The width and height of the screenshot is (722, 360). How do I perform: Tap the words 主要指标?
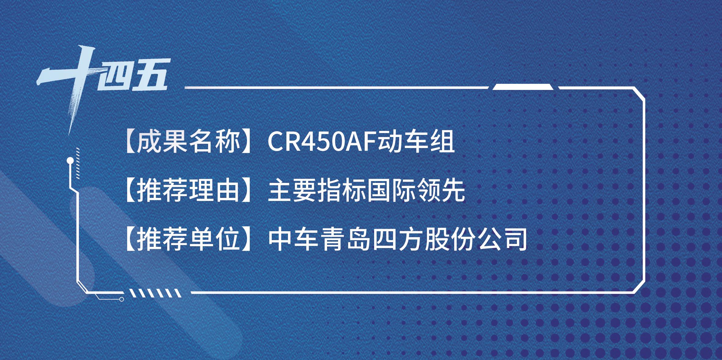[x=317, y=191]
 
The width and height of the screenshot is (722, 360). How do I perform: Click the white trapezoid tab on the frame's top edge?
[x=523, y=87]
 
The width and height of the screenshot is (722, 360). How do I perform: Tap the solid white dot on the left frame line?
[x=70, y=160]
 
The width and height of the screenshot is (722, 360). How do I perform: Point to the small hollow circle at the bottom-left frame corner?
[x=122, y=299]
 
